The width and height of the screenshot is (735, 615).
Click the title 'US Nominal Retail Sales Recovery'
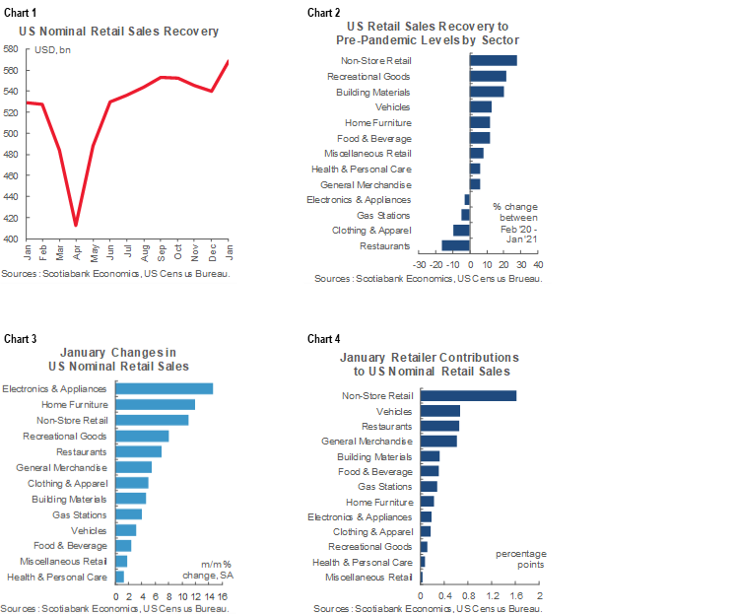pyautogui.click(x=119, y=31)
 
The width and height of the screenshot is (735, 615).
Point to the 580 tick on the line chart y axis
pyautogui.click(x=10, y=48)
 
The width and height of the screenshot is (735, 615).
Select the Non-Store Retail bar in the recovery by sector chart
pyautogui.click(x=494, y=60)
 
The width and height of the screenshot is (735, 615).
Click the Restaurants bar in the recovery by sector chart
pyautogui.click(x=456, y=245)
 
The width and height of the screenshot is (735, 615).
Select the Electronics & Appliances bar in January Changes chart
pyautogui.click(x=165, y=388)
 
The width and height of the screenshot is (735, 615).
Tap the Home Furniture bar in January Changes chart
pyautogui.click(x=156, y=404)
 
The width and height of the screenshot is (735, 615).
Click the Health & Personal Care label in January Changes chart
pyautogui.click(x=56, y=576)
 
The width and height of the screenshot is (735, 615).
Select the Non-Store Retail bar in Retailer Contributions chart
pyautogui.click(x=468, y=395)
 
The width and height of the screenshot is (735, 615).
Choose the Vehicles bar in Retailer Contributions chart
pyautogui.click(x=440, y=411)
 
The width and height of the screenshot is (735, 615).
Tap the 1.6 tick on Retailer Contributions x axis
pyautogui.click(x=515, y=596)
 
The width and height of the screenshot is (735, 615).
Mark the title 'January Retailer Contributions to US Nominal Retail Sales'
pyautogui.click(x=429, y=364)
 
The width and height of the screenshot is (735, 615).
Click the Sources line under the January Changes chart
pyautogui.click(x=116, y=608)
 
